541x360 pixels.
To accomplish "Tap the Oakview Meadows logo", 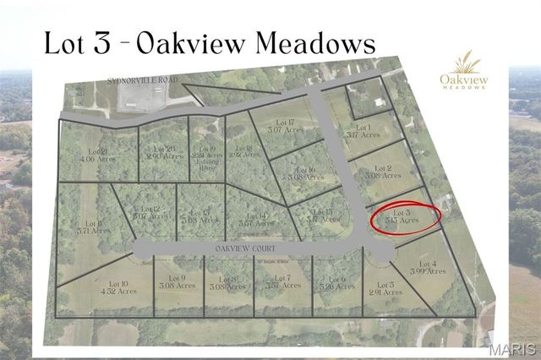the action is click(x=462, y=72).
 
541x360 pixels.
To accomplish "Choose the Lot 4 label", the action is click(x=422, y=268).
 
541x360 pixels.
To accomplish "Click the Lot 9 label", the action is click(x=177, y=282).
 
